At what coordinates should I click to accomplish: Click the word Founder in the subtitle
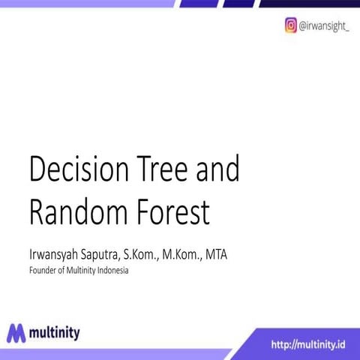pos(43,271)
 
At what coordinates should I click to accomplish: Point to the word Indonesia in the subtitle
pos(110,271)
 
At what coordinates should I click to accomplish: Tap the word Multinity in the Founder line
pos(78,271)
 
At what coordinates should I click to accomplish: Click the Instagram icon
pos(290,25)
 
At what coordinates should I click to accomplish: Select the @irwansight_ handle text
pos(323,25)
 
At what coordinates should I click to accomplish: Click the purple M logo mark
pos(17,332)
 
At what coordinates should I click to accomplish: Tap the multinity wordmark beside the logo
pos(56,331)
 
